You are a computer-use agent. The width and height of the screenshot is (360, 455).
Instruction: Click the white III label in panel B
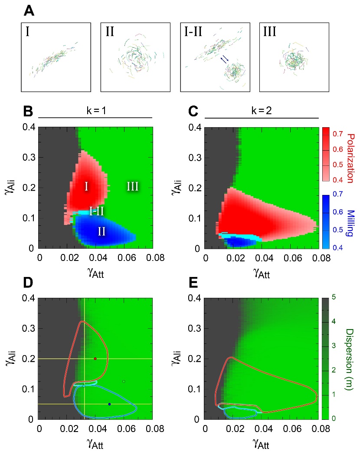(x=133, y=187)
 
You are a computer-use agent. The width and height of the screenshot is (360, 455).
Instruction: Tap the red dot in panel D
(x=95, y=358)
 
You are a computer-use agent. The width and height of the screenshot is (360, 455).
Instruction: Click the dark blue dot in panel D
(x=109, y=404)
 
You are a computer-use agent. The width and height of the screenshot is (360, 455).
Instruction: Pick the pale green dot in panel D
(x=124, y=382)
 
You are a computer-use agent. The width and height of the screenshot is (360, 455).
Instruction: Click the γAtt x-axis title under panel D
(x=95, y=444)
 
